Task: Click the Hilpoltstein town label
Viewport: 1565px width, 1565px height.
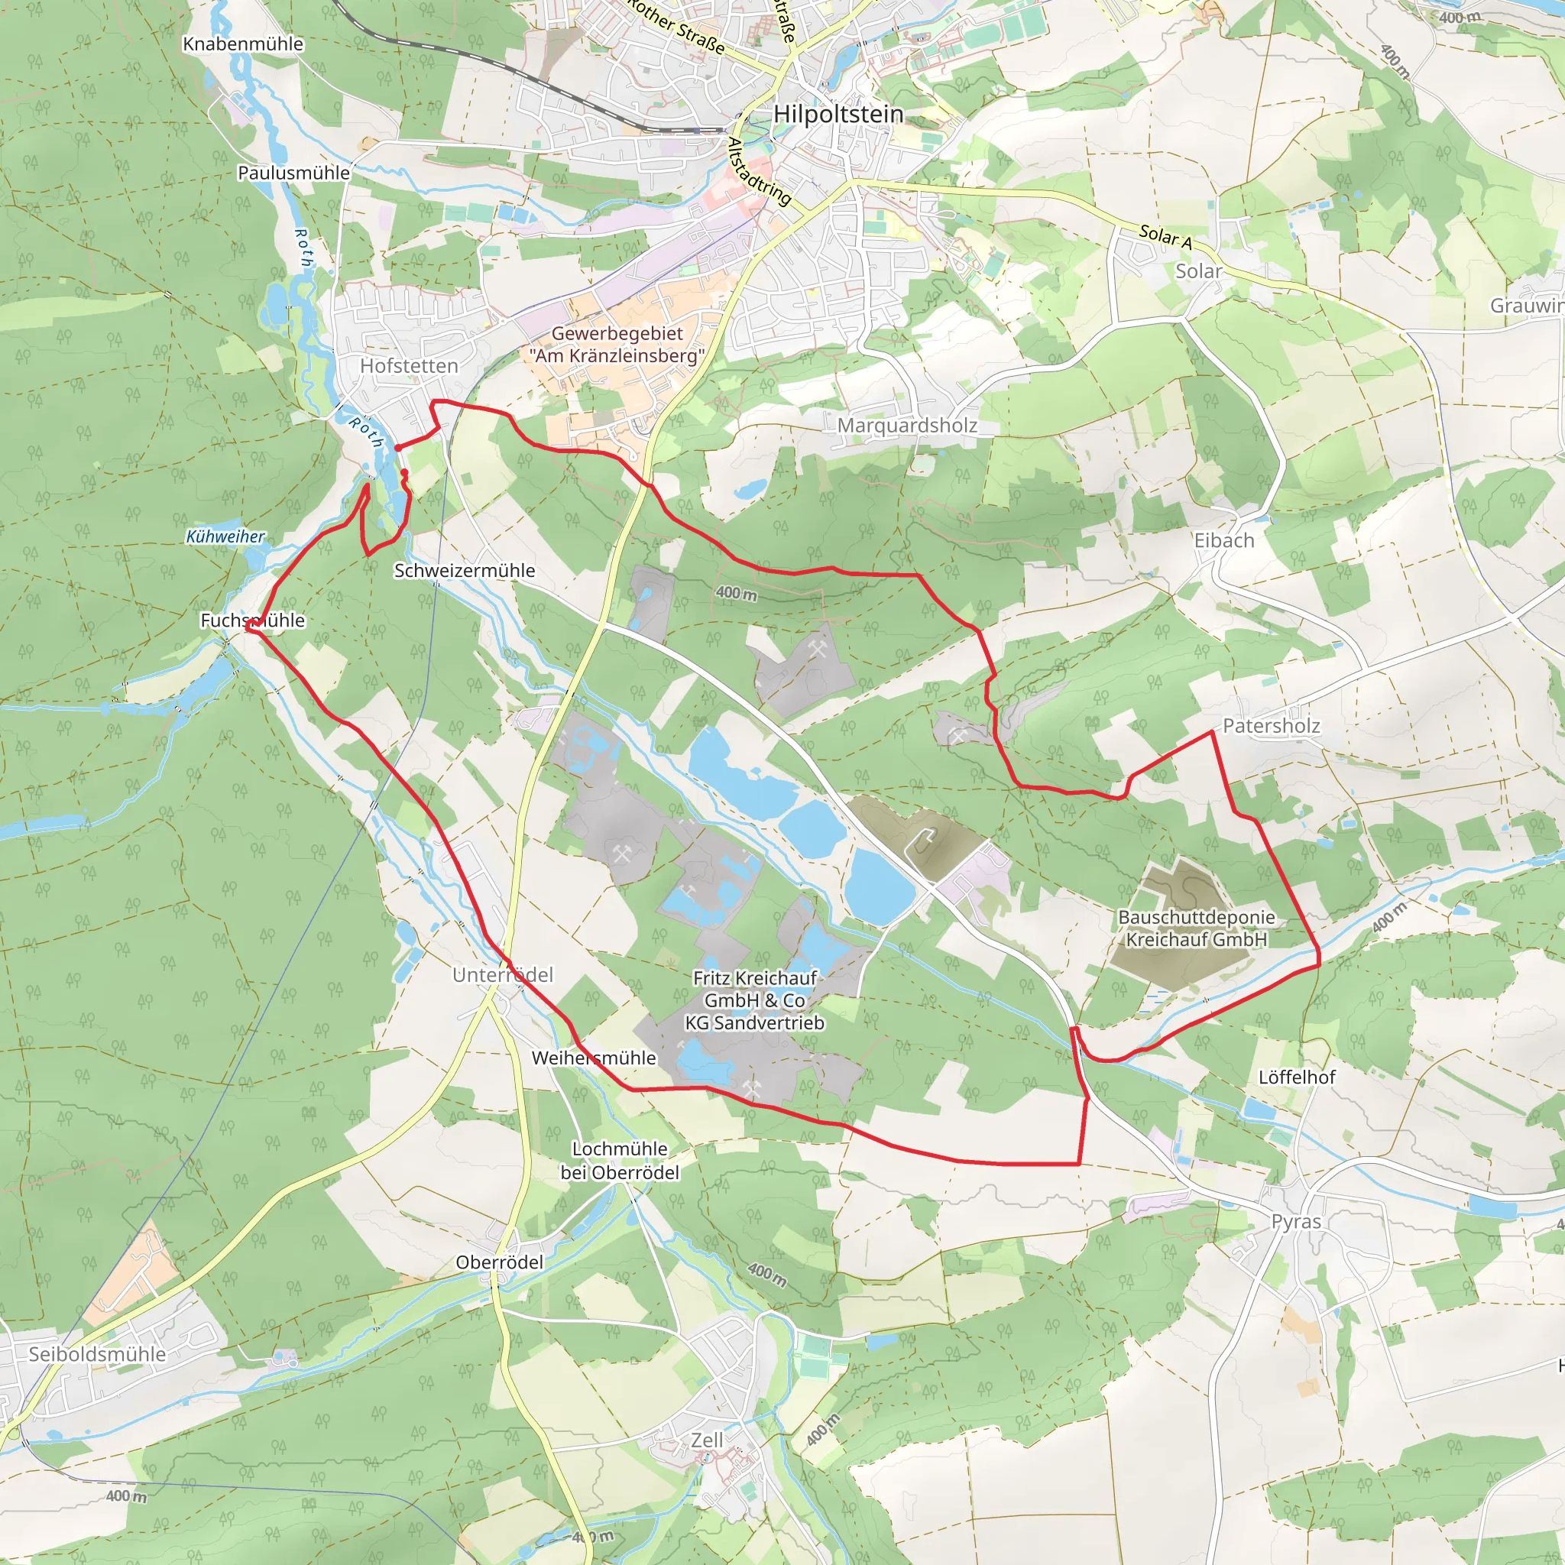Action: (838, 114)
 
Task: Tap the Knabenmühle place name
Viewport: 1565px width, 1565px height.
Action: (243, 44)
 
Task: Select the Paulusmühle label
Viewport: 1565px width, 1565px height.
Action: (293, 173)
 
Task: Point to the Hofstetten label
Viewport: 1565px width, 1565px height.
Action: (409, 366)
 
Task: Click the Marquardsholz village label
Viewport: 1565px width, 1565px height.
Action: (906, 426)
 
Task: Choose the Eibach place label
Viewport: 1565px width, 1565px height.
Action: (1223, 540)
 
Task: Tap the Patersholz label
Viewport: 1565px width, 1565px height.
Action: (1271, 726)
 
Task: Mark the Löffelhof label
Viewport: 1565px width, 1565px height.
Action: (1296, 1077)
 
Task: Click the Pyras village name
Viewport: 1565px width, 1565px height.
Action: (1295, 1222)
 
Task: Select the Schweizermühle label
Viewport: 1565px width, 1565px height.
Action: (464, 570)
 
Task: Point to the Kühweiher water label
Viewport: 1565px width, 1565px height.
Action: (225, 536)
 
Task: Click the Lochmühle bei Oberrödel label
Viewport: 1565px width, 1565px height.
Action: (620, 1160)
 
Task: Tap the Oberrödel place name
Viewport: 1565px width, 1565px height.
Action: (499, 1262)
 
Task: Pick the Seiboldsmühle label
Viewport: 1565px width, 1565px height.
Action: (97, 1354)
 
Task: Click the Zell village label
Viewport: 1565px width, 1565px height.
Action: (706, 1440)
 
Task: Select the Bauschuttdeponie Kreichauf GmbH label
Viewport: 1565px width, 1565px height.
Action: (1196, 928)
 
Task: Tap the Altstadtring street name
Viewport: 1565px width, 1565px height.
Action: (758, 172)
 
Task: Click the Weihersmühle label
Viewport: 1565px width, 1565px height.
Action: (593, 1058)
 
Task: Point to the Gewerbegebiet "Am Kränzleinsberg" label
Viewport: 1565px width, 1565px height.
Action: (617, 345)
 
